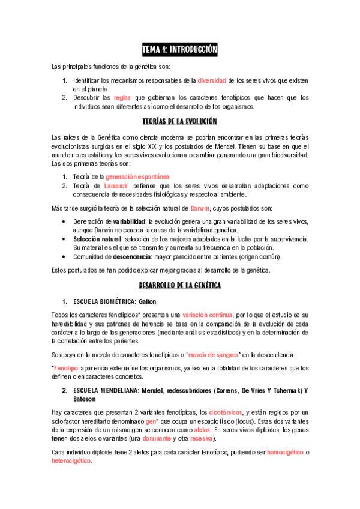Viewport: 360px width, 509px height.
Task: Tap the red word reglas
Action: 122,97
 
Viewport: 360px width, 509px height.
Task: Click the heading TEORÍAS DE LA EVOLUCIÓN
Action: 179,122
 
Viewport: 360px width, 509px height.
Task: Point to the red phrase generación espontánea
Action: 138,176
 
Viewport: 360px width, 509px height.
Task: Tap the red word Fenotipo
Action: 65,367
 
